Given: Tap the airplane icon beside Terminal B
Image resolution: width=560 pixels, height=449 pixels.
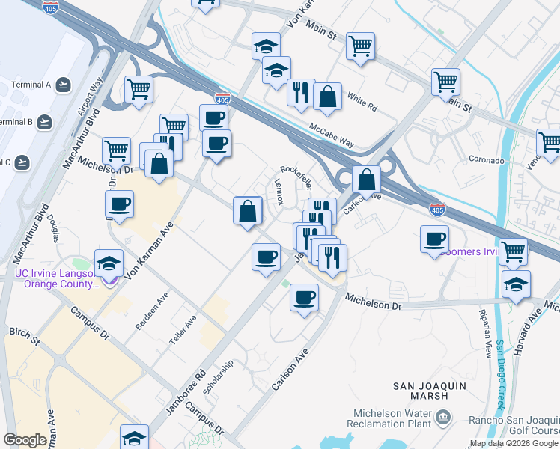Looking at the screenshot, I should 46,121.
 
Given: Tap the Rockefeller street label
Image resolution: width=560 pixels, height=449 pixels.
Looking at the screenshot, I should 296,177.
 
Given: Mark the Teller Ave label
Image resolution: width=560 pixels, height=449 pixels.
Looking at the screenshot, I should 183,329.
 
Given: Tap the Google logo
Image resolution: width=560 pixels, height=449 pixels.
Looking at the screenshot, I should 25,440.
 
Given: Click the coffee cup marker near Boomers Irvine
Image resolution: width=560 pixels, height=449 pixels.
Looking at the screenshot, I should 434,239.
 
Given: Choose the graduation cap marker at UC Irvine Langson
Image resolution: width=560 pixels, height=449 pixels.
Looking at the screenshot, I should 109,263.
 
